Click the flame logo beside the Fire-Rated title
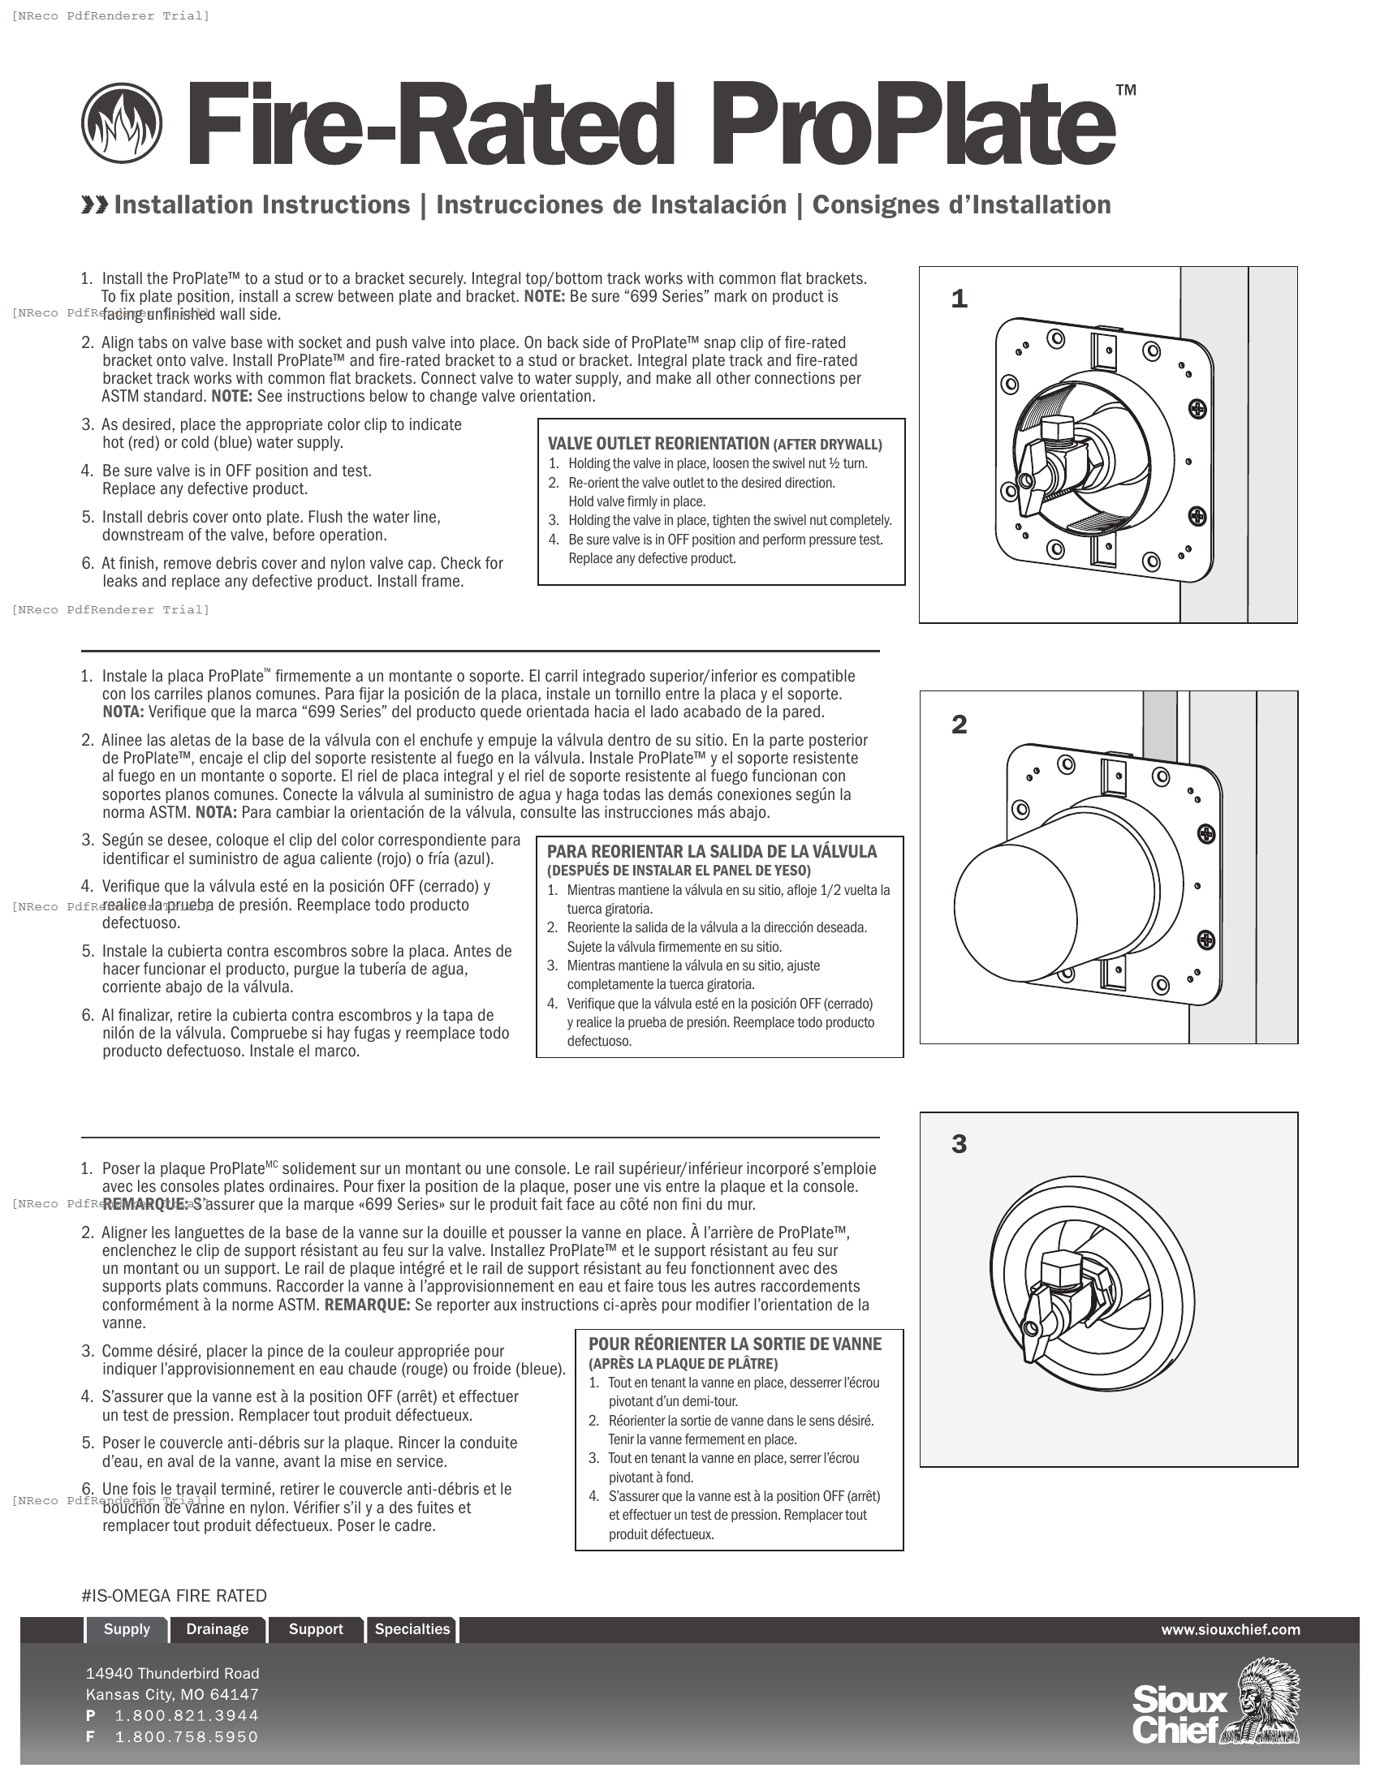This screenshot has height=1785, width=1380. (122, 124)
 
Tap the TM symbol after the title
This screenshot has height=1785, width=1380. (1126, 91)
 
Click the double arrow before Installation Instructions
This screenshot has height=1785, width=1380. (95, 205)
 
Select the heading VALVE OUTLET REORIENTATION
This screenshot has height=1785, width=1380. (658, 444)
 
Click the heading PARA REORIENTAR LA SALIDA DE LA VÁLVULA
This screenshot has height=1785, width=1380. (711, 852)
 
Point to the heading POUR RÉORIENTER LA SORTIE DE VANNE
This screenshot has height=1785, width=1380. (735, 1344)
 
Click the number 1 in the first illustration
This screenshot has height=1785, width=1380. (959, 299)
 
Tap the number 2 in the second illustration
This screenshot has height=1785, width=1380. (959, 724)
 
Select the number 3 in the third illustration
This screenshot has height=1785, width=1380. (959, 1144)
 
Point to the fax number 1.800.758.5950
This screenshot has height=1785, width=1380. (187, 1737)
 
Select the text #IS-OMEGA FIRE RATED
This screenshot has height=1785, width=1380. (175, 1596)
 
